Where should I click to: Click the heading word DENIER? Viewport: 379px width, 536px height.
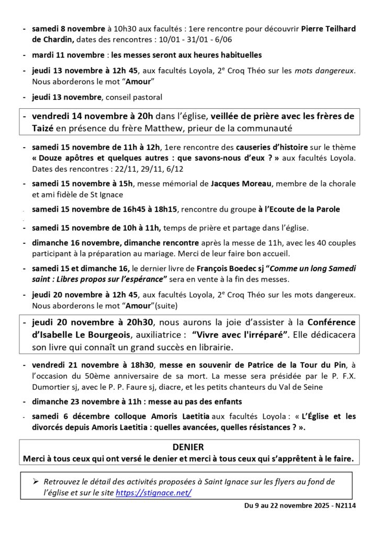point(189,448)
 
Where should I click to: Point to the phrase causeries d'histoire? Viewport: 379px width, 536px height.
point(271,146)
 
